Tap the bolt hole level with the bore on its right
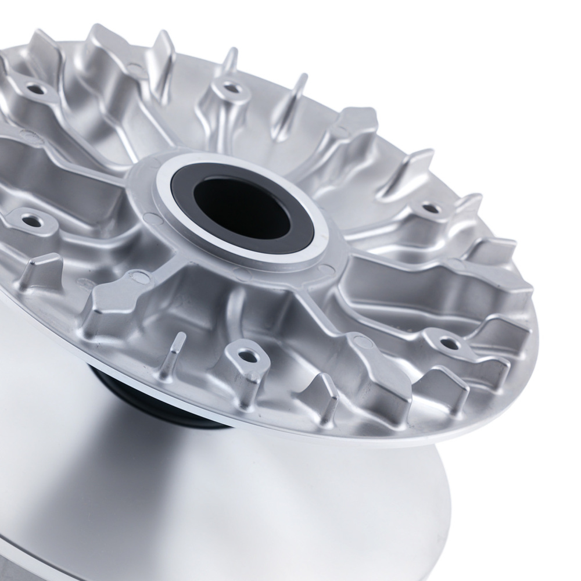click(x=429, y=207)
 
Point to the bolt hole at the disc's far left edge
click(x=28, y=220)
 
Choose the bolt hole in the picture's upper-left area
click(x=36, y=89)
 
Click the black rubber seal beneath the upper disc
click(x=145, y=401)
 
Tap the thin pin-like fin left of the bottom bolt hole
click(x=177, y=354)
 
